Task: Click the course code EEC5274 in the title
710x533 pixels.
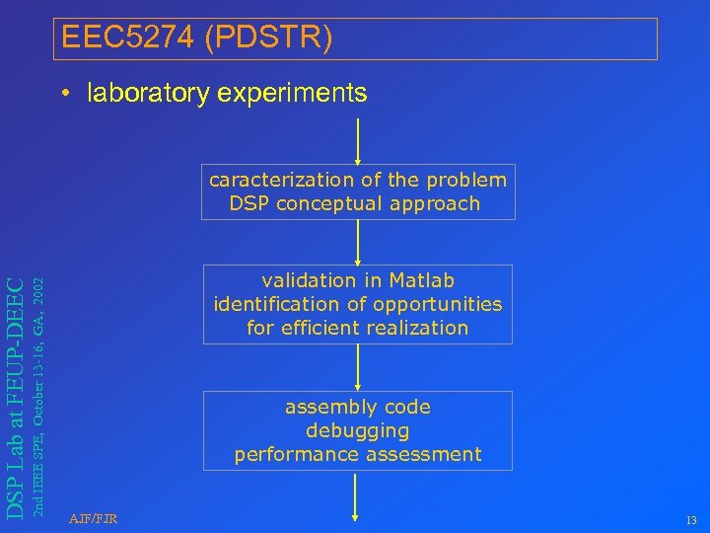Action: [x=125, y=38]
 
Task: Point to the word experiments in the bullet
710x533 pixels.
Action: [x=295, y=94]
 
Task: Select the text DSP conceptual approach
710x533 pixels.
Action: [x=355, y=203]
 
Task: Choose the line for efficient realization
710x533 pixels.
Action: [x=357, y=328]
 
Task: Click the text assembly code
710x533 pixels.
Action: [x=357, y=407]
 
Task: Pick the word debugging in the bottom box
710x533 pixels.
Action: [x=357, y=430]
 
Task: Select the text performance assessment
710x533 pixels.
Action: [x=357, y=454]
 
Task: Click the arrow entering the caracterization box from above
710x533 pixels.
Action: [x=358, y=141]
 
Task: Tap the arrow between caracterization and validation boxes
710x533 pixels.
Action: [x=358, y=242]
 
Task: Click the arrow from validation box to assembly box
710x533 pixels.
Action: [x=358, y=367]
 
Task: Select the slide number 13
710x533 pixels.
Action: [x=689, y=521]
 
